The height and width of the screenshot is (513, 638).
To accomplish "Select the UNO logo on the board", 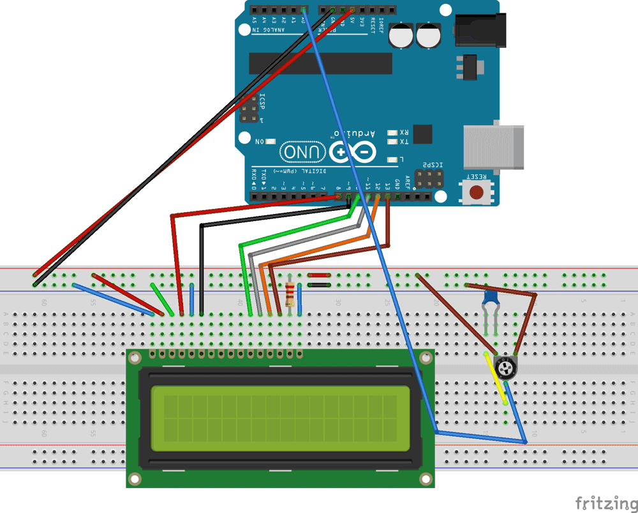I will pos(302,152).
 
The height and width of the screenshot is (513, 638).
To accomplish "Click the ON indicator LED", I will pos(271,141).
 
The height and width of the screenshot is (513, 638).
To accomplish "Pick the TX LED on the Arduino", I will pos(391,142).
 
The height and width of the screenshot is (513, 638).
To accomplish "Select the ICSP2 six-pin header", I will pos(429,180).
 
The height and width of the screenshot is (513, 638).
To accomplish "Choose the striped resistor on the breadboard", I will pos(291,295).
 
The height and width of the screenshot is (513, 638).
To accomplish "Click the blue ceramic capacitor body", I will pos(491,298).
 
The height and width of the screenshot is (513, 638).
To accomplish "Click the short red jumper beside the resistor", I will pos(318,276).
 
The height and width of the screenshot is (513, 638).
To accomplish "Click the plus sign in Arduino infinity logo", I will pos(340,152).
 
